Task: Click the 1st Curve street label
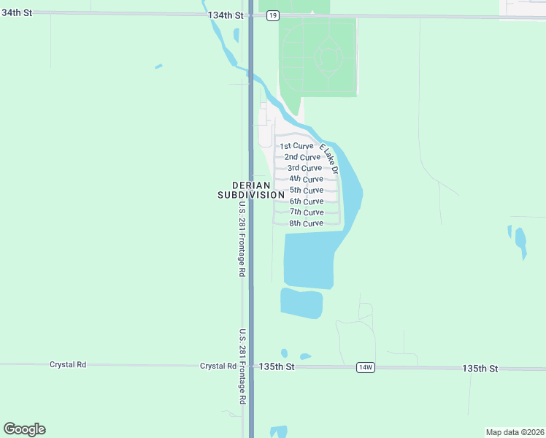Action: (x=296, y=146)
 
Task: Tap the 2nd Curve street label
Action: (x=302, y=157)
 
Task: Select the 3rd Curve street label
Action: (x=304, y=168)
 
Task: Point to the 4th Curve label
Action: (x=306, y=179)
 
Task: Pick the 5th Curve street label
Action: (x=307, y=190)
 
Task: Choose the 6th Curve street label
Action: (x=307, y=201)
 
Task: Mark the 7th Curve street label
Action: (x=307, y=212)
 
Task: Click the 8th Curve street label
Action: (x=306, y=223)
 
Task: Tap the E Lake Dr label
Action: (x=329, y=158)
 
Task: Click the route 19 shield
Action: (x=272, y=15)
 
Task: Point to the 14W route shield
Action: (x=366, y=368)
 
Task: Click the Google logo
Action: (x=24, y=429)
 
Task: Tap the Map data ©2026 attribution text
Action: (x=514, y=432)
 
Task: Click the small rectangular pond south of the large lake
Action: (x=301, y=303)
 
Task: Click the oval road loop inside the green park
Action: (x=329, y=57)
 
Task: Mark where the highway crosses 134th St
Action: (x=250, y=15)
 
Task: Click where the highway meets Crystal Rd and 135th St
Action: (x=250, y=366)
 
